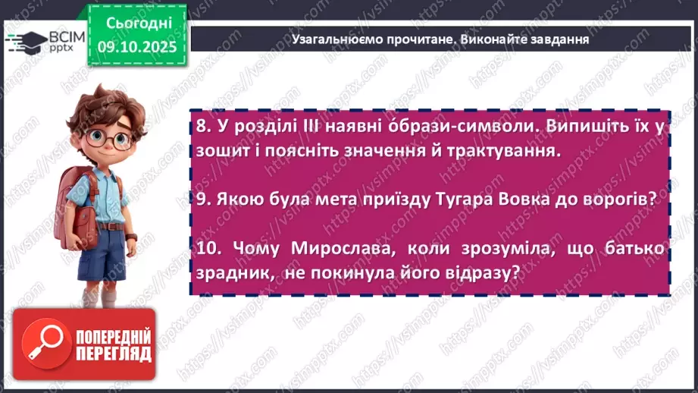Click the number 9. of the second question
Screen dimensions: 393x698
click(x=202, y=199)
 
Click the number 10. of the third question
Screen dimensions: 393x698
click(x=208, y=248)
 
